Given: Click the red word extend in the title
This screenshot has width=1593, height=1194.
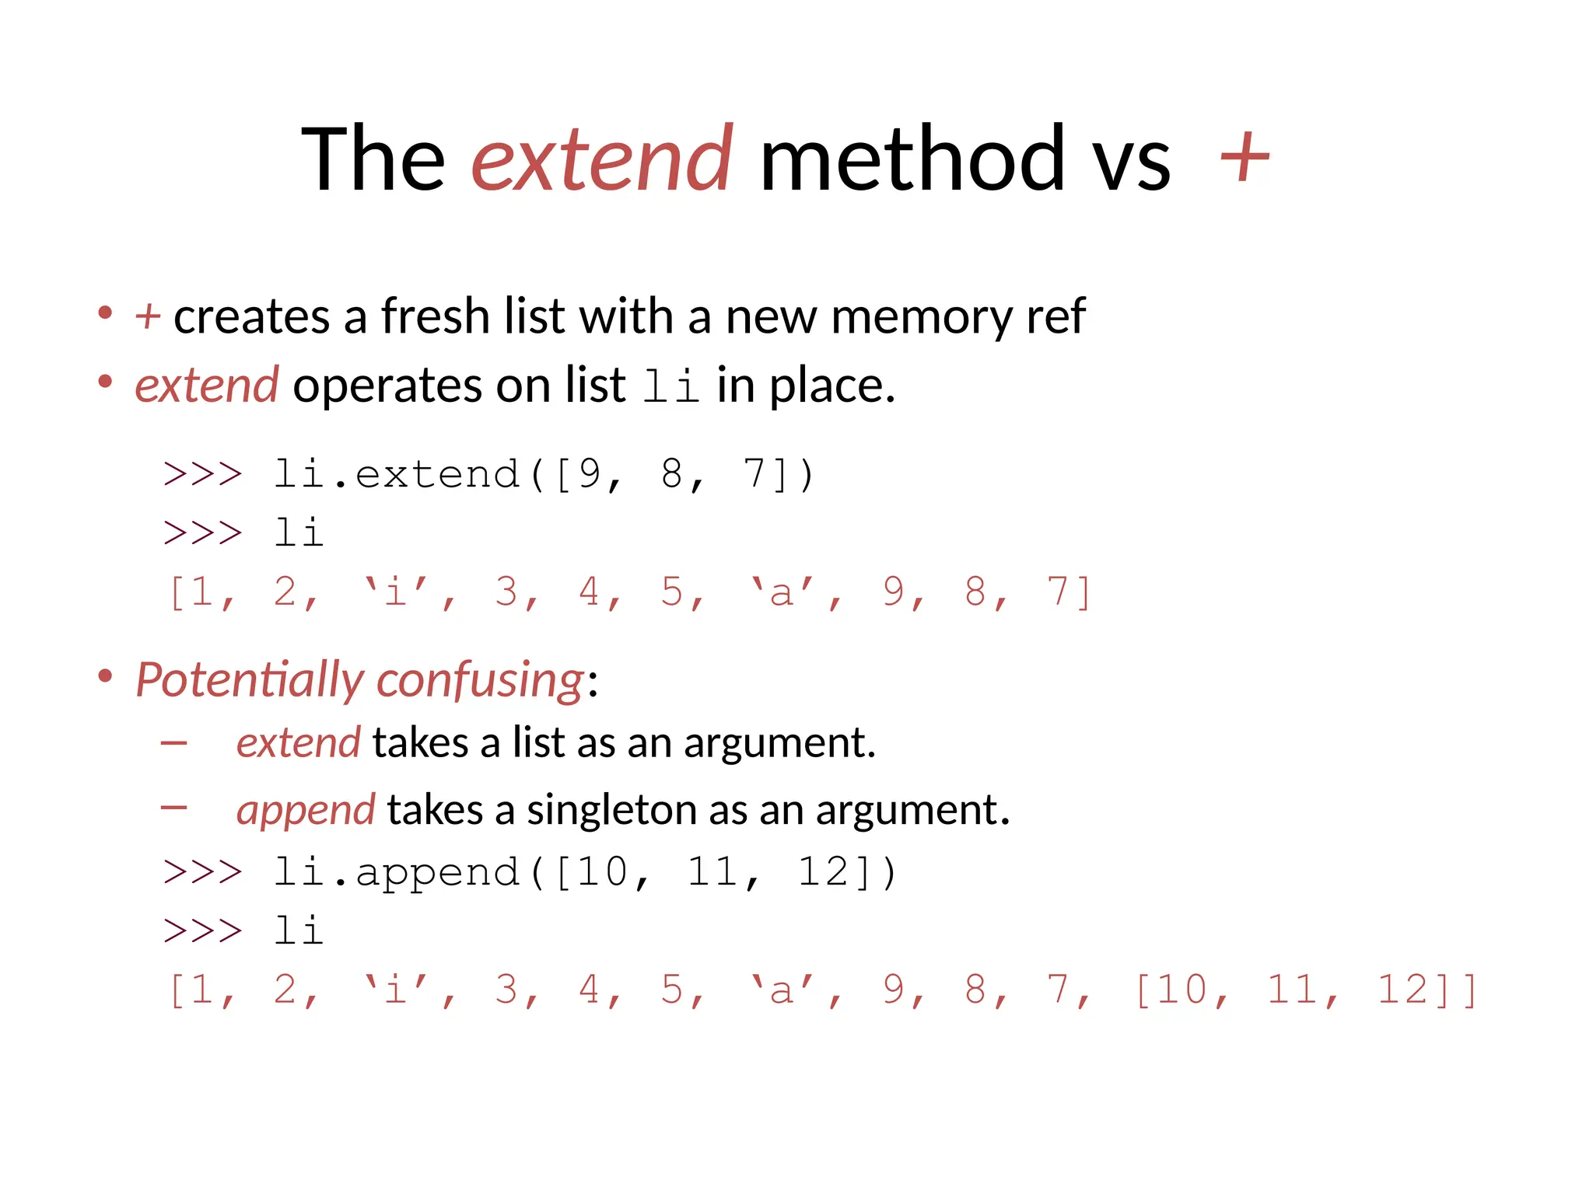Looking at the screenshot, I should (x=600, y=159).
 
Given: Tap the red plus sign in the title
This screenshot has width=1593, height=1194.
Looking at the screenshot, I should (x=1245, y=158).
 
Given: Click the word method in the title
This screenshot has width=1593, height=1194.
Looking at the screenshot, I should (x=911, y=159).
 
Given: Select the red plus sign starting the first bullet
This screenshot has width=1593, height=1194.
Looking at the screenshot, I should (x=147, y=317).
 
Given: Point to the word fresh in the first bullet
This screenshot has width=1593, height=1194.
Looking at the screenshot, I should (x=436, y=316).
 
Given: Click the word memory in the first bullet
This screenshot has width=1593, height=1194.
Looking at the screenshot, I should (x=921, y=318).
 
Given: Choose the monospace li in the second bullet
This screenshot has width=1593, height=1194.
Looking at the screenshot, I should (x=671, y=386).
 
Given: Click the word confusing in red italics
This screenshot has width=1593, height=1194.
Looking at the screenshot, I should (x=479, y=680).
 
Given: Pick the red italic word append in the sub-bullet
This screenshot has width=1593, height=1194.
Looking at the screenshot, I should (x=306, y=810).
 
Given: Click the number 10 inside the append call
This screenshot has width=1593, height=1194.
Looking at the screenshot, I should (x=603, y=871).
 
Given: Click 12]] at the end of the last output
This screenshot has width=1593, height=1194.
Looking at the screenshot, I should (x=1427, y=990).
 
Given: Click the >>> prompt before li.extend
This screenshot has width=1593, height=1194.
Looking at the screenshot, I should (x=203, y=474).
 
